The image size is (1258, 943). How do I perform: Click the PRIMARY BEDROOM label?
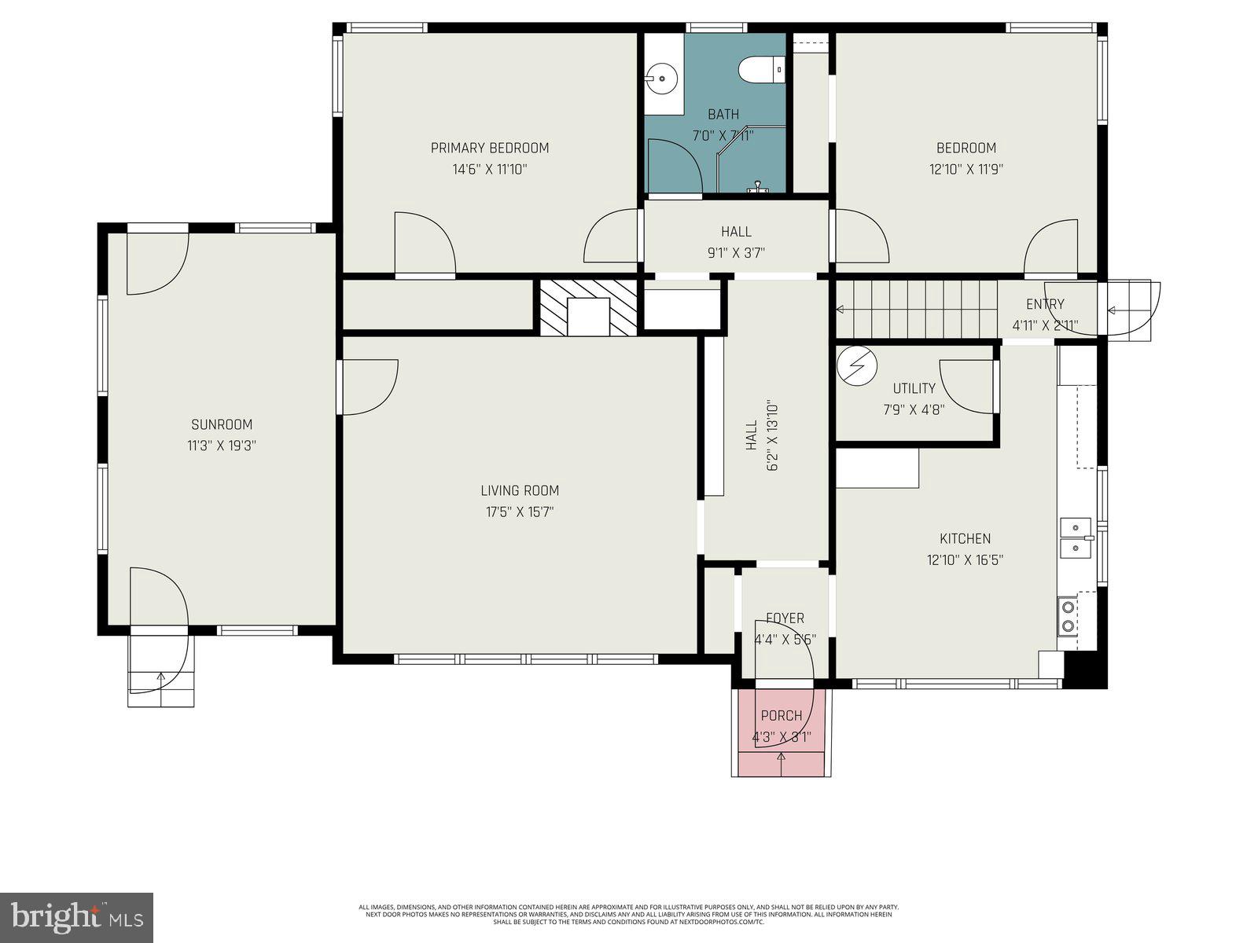[x=489, y=148]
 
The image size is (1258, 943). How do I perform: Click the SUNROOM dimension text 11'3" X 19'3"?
[x=222, y=446]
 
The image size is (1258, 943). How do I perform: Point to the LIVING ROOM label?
[x=520, y=490]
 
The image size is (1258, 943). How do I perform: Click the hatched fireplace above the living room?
[x=587, y=307]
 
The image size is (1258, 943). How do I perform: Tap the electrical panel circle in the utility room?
[x=855, y=365]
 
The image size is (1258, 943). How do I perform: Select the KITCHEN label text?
[x=965, y=538]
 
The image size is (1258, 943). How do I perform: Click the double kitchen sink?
[x=1075, y=537]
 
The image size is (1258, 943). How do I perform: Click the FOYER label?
[x=785, y=618]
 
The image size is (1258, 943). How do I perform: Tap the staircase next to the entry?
[x=916, y=310]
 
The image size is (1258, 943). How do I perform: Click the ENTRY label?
[x=1045, y=304]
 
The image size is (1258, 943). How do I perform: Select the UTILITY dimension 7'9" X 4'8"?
[x=914, y=409]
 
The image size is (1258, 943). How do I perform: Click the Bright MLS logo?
[x=76, y=917]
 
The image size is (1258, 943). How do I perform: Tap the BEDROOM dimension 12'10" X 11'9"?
[x=966, y=169]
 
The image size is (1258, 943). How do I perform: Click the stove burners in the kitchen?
[x=1068, y=615]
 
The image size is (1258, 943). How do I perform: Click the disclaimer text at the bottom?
[x=628, y=914]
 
